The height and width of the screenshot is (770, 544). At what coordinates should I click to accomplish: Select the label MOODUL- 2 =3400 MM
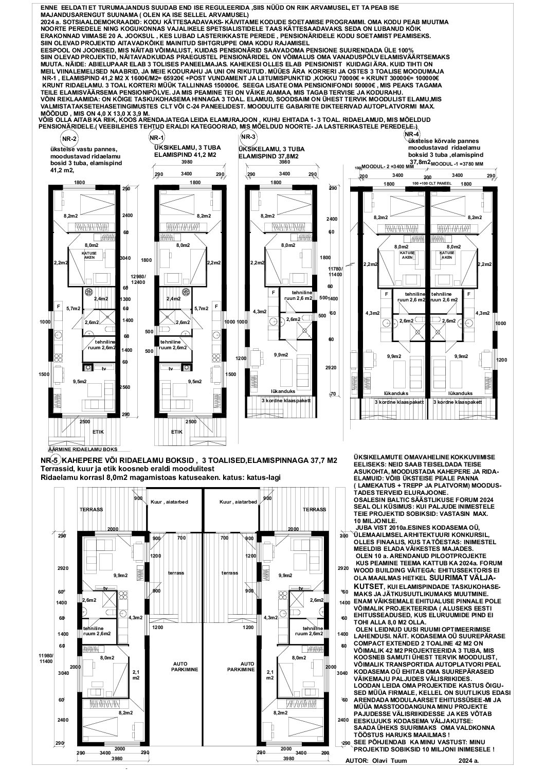[x=382, y=167]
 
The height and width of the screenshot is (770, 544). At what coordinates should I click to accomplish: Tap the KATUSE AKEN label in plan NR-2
[x=89, y=254]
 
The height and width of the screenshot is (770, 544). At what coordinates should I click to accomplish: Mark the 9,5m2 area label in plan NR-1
[x=194, y=381]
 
